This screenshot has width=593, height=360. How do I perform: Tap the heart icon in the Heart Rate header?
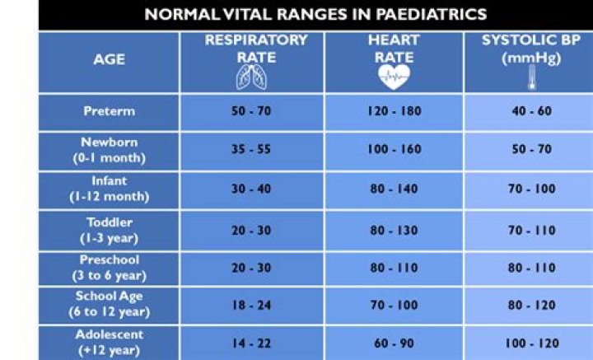tap(393, 77)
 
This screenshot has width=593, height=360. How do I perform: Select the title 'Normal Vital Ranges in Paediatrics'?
tap(315, 14)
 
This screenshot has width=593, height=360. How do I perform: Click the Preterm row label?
tap(109, 111)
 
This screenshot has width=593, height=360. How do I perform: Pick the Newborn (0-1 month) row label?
tap(109, 149)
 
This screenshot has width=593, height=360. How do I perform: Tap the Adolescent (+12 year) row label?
tap(109, 342)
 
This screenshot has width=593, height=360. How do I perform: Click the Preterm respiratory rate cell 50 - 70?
tap(251, 111)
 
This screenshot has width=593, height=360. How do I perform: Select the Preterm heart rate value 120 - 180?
tap(393, 111)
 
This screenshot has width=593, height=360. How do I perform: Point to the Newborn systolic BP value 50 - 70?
tap(531, 151)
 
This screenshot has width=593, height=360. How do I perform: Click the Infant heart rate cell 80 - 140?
tap(393, 189)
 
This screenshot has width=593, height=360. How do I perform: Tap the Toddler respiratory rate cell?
tap(251, 231)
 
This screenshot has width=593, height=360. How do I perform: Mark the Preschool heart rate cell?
tap(393, 269)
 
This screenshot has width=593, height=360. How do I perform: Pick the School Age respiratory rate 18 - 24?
tap(251, 306)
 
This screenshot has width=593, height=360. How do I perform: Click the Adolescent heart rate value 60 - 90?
tap(393, 342)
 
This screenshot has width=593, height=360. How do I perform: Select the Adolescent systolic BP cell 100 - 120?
tap(531, 342)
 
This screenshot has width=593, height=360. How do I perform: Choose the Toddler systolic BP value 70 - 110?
tap(531, 231)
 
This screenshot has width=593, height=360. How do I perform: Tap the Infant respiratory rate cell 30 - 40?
tap(251, 189)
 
